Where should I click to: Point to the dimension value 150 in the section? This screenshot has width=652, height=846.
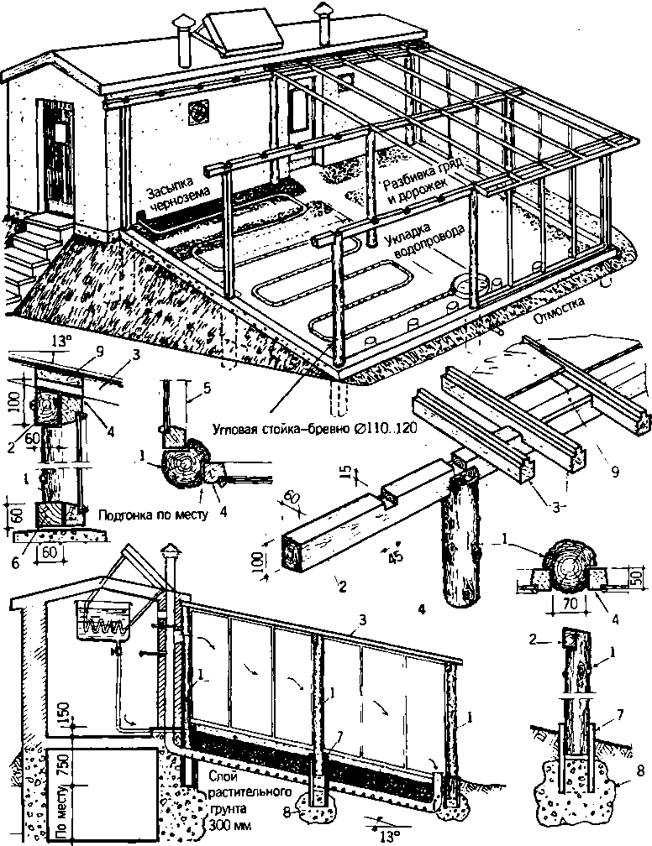pyautogui.click(x=61, y=712)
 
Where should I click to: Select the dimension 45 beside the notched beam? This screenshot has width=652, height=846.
pyautogui.click(x=388, y=556)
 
